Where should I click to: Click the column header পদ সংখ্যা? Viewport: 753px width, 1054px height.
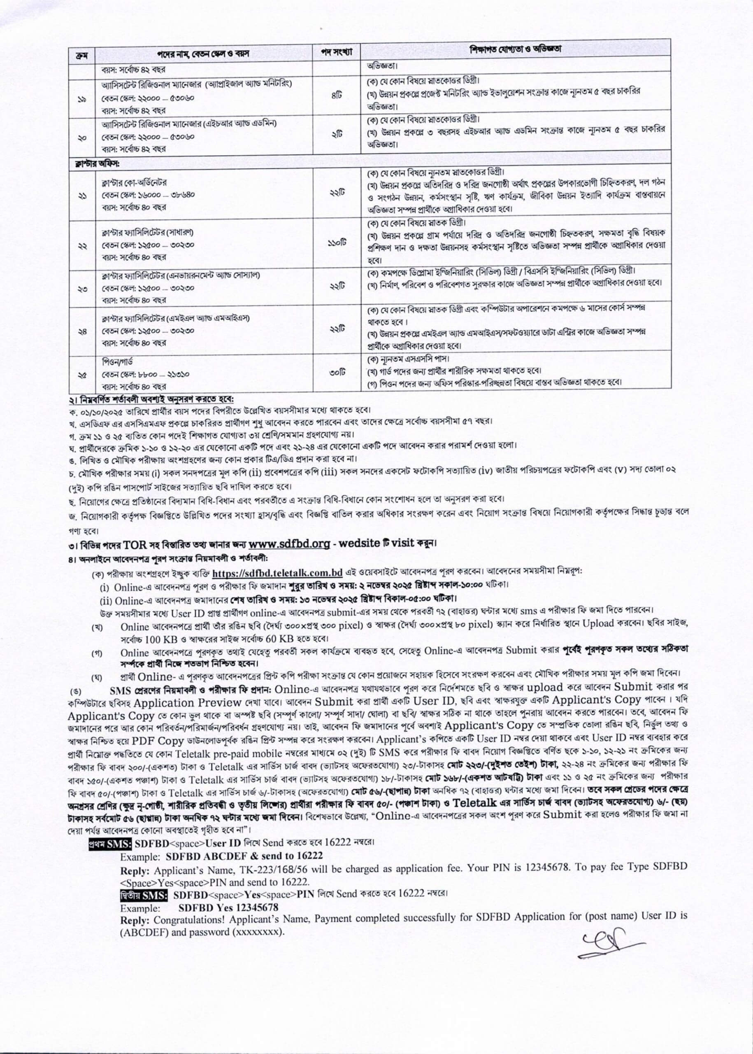coord(337,52)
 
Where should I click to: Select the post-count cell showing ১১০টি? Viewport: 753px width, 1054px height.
coord(338,243)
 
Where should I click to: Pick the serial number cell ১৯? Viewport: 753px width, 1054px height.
coord(81,99)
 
